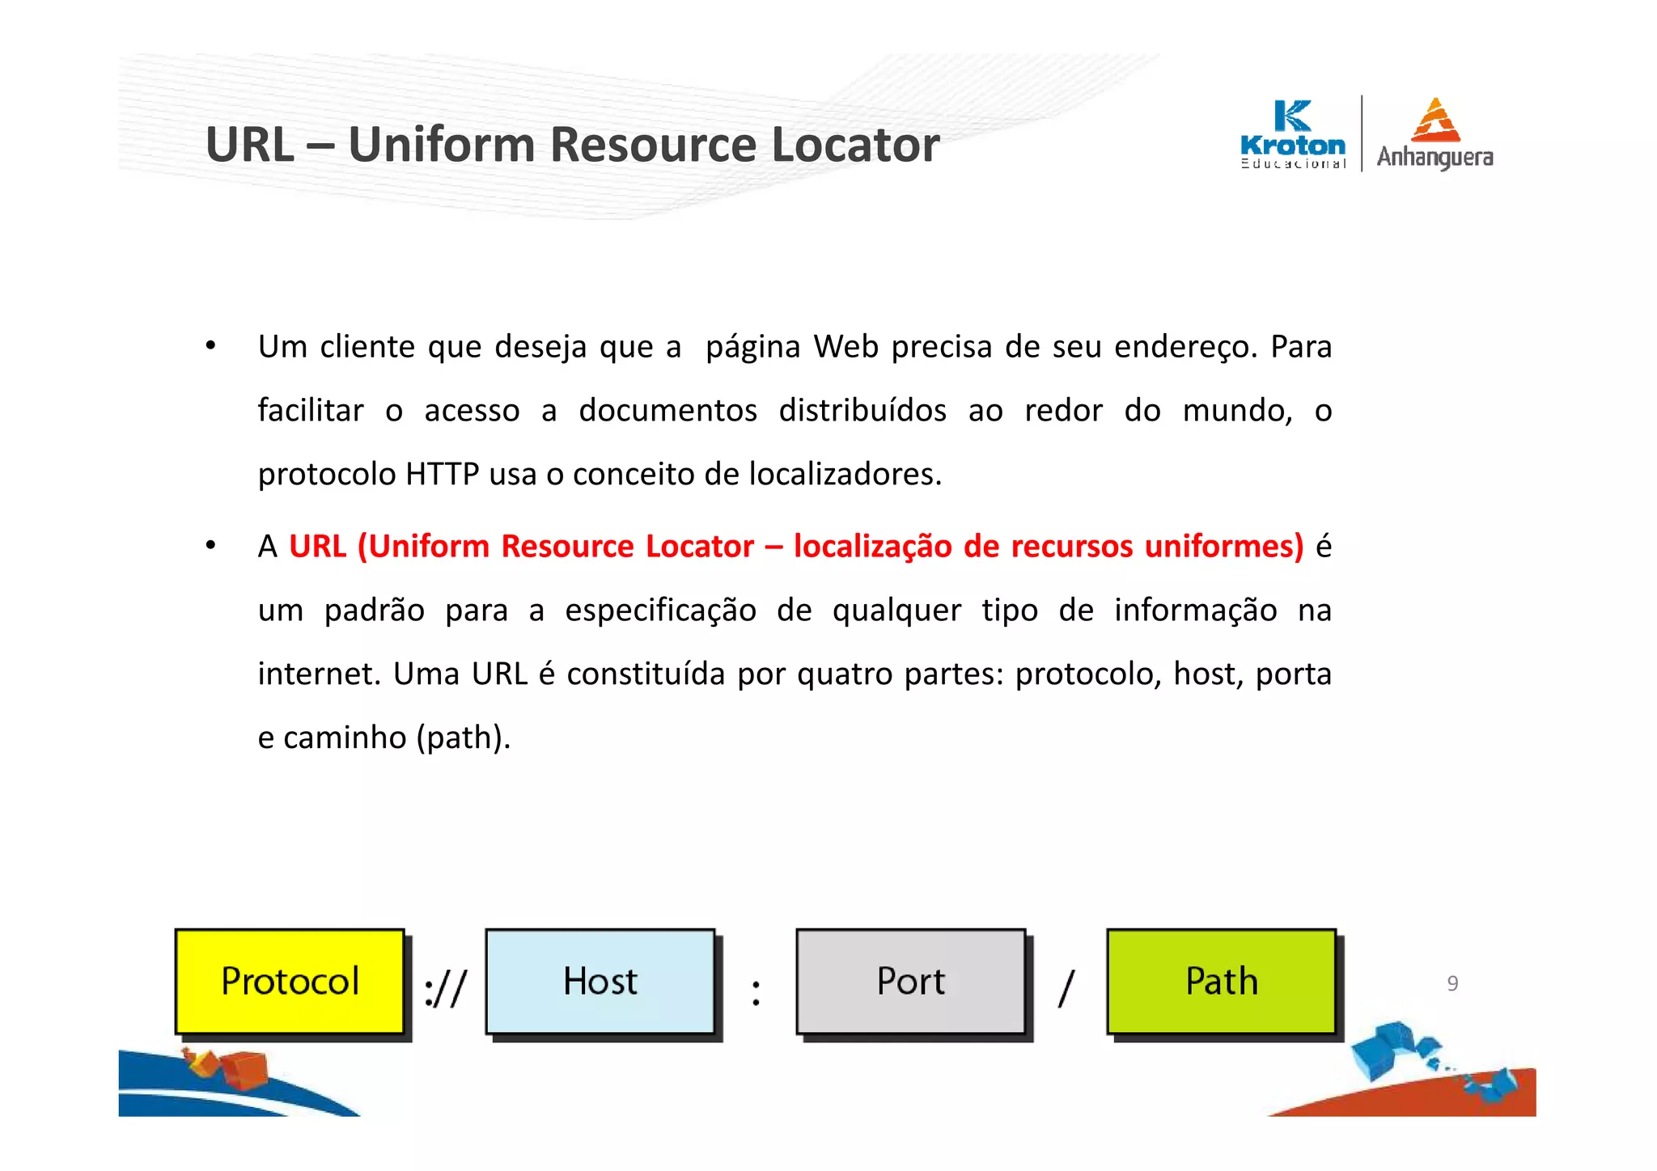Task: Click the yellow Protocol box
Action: pos(290,981)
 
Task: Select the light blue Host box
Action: pos(600,981)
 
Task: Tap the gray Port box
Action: pos(911,981)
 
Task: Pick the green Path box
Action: pos(1222,981)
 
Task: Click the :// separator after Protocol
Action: pos(446,988)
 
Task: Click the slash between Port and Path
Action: pos(1066,988)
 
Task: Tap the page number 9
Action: pos(1452,983)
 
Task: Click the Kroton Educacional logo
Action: pos(1293,134)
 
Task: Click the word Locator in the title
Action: pos(855,145)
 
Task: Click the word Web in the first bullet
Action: pos(846,347)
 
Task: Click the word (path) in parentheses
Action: pos(463,738)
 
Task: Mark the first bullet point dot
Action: pos(210,346)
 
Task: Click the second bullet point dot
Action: pos(210,546)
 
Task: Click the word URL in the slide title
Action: pos(250,145)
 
